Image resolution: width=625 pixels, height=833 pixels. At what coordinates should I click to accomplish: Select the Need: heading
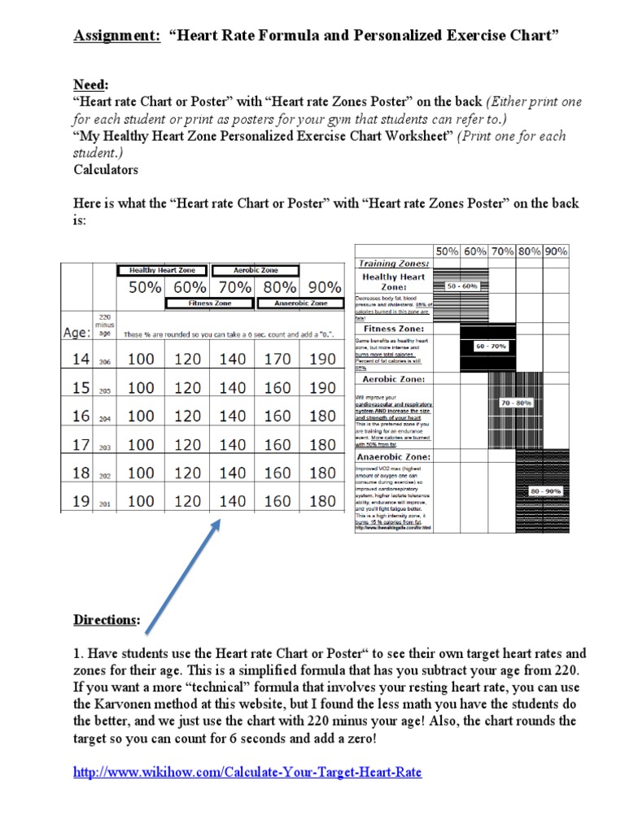(90, 85)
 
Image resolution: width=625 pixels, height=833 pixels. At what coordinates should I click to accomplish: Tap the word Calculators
(106, 169)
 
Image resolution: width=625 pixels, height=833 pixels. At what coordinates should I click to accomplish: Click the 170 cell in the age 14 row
(278, 359)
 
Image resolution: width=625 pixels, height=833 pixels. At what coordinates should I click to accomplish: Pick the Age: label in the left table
(77, 332)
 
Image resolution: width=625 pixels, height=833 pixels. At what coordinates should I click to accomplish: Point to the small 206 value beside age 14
(105, 362)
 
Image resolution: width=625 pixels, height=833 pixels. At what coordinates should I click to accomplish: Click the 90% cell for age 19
(323, 501)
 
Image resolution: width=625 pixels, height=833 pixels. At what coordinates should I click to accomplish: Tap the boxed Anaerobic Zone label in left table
(301, 303)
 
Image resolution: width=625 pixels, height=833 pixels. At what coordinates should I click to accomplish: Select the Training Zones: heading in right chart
(393, 264)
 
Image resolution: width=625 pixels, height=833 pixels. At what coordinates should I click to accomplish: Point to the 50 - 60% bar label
(462, 286)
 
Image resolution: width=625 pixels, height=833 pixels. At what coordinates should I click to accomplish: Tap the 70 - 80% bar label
(517, 403)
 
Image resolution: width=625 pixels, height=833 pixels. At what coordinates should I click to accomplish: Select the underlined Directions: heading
(107, 620)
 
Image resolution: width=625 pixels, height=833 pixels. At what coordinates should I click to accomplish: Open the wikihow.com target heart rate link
(247, 771)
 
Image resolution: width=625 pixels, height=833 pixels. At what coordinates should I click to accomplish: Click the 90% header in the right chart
(556, 251)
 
